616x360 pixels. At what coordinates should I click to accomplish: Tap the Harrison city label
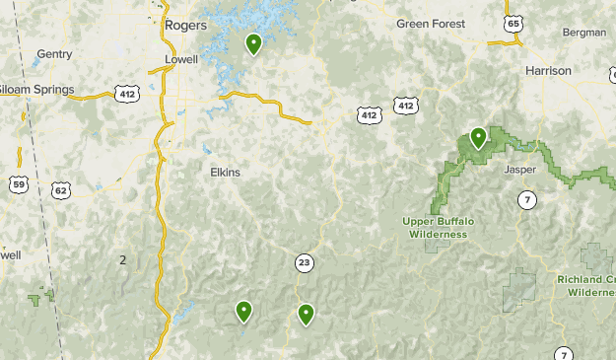coord(548,71)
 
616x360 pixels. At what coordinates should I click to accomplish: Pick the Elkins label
coord(225,172)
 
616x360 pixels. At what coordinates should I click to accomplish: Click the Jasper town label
coord(518,170)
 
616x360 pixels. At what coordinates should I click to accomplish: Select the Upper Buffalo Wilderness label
coord(439,227)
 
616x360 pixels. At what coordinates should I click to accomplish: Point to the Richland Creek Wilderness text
coord(585,286)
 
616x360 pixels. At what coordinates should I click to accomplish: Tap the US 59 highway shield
coord(19,184)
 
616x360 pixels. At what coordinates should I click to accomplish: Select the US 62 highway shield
coord(61,189)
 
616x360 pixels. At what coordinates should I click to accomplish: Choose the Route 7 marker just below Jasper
coord(528,200)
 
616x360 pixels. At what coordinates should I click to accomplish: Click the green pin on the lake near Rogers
coord(253,43)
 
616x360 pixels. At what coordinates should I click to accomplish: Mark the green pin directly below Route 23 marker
coord(307,315)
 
